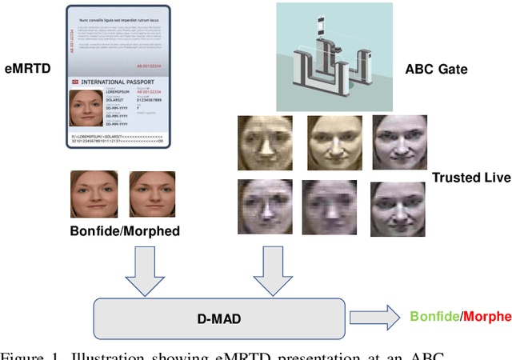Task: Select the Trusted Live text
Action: pos(471,177)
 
